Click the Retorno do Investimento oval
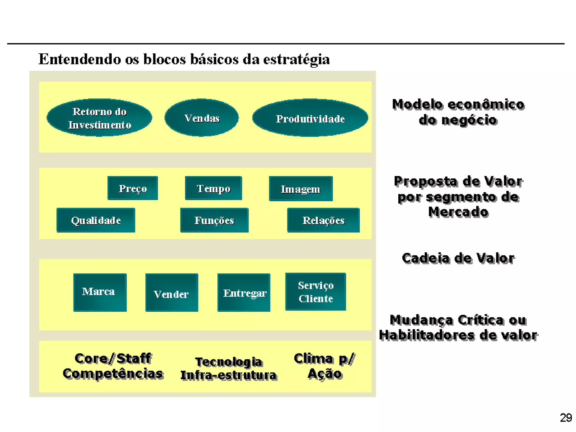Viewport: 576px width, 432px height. (x=99, y=118)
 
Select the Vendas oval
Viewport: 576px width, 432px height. (x=202, y=118)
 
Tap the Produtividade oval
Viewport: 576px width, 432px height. (x=310, y=118)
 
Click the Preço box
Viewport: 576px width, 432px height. (x=133, y=188)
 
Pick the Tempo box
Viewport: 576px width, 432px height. (x=213, y=188)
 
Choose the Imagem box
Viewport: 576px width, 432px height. (x=301, y=189)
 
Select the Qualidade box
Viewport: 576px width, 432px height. (x=96, y=220)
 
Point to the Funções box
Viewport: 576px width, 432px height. (x=214, y=220)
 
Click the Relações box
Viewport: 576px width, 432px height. (x=323, y=220)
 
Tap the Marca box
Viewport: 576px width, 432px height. (x=100, y=292)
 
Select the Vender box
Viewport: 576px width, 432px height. (x=172, y=293)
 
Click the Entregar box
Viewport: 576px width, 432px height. (x=244, y=292)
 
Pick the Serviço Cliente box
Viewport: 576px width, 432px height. (x=316, y=292)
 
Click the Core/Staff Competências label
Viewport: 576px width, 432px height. (x=113, y=366)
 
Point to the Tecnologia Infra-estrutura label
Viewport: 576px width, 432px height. (x=229, y=368)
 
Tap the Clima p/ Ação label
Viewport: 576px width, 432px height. (x=325, y=366)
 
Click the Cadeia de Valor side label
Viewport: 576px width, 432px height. (x=458, y=258)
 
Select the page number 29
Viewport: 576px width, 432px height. (x=566, y=418)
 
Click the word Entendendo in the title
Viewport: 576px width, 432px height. (x=80, y=59)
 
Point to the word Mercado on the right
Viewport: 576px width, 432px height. (x=458, y=212)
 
